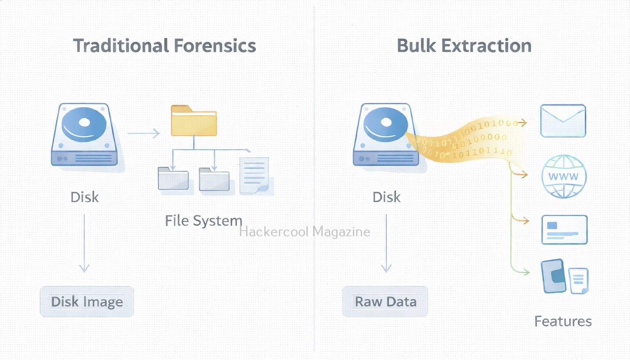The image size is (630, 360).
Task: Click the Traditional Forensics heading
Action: [x=164, y=46]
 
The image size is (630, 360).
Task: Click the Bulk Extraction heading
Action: [x=464, y=46]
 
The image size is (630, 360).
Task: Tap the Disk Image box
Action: [x=87, y=302]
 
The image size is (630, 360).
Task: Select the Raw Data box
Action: [x=385, y=302]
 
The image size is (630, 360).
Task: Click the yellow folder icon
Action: [x=194, y=121]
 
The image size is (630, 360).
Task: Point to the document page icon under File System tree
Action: [x=254, y=175]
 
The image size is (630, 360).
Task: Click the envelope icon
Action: [x=563, y=121]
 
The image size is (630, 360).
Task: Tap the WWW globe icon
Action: [x=564, y=177]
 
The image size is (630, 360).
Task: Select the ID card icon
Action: [x=564, y=230]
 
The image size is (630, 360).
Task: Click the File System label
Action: [x=203, y=221]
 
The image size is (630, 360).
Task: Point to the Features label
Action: [x=563, y=321]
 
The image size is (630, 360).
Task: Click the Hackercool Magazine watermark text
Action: [x=305, y=232]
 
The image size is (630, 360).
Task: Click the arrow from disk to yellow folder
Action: [x=143, y=133]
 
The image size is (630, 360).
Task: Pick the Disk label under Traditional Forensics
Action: [x=85, y=197]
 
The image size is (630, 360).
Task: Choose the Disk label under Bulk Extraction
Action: [x=386, y=197]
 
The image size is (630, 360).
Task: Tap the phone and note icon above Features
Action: [x=564, y=277]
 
